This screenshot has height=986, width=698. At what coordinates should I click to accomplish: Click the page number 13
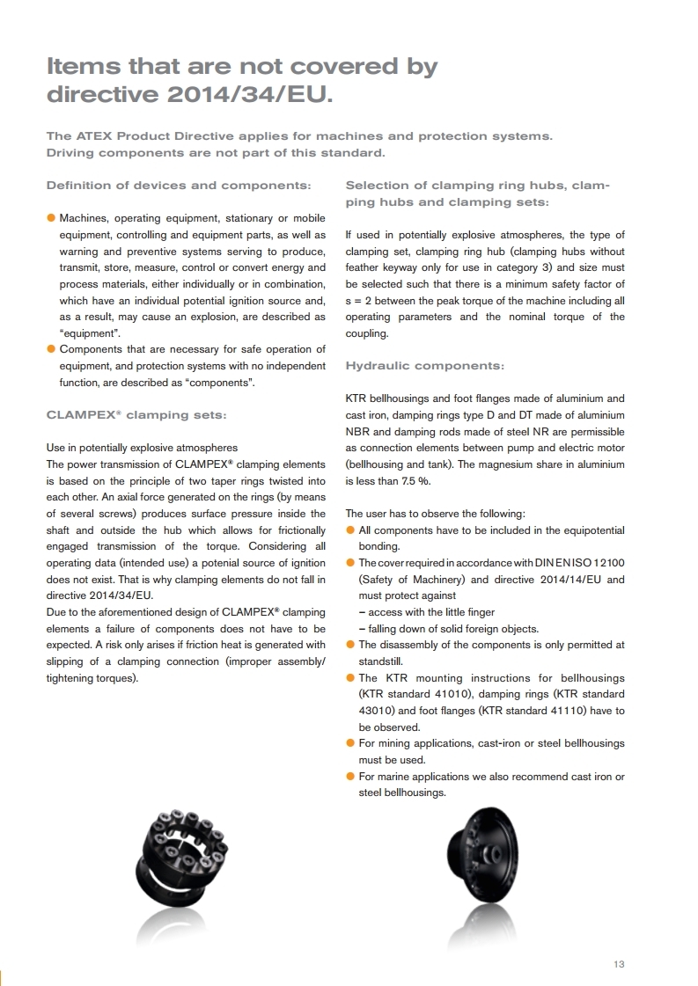click(x=619, y=964)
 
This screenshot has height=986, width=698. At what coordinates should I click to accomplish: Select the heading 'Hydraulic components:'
click(x=425, y=365)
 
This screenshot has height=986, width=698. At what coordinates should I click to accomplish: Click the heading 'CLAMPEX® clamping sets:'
click(x=136, y=414)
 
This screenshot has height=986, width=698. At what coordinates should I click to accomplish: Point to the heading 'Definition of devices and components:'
click(x=179, y=186)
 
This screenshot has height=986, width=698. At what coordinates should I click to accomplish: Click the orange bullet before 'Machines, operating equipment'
click(x=51, y=217)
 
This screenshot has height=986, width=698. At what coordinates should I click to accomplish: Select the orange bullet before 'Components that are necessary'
click(x=51, y=349)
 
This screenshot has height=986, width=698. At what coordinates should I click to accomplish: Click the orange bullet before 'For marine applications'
click(x=350, y=777)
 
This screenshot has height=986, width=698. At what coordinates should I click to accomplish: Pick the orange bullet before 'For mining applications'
click(x=350, y=743)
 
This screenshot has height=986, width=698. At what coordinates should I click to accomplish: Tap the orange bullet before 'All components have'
click(x=350, y=530)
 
